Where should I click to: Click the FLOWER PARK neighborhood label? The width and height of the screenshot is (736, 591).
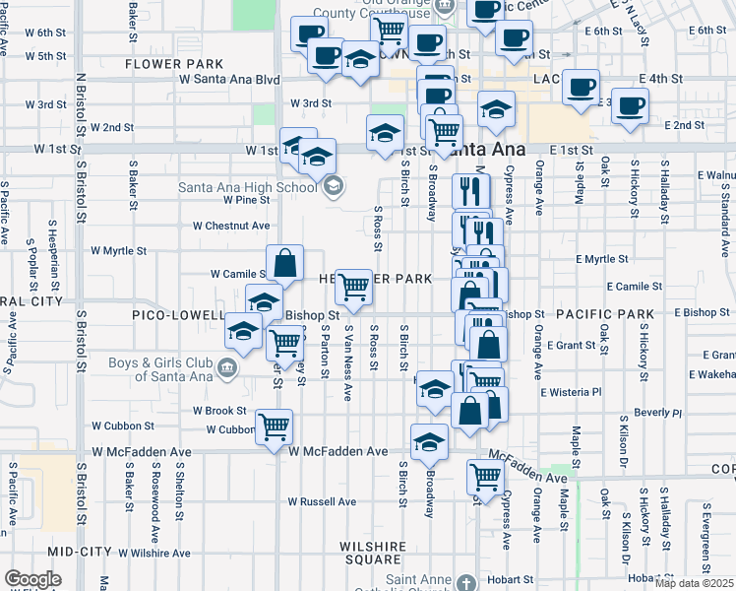[x=164, y=64]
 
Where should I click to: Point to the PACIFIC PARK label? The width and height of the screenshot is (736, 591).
[x=604, y=314]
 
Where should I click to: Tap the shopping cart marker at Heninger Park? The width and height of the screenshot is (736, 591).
[x=353, y=288]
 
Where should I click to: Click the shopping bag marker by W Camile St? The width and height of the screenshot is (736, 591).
[x=283, y=263]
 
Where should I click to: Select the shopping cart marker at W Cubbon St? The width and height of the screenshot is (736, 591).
[x=275, y=427]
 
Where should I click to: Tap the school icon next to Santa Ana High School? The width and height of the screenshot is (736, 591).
[x=333, y=184]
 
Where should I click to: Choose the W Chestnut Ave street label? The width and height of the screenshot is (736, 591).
[x=231, y=226]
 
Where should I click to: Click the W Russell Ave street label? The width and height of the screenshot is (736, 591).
[x=322, y=501]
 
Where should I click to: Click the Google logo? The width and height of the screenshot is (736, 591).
[x=32, y=579]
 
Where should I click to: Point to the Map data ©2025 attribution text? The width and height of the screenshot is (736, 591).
[x=695, y=583]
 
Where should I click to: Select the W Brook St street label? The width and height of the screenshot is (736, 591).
[x=219, y=410]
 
